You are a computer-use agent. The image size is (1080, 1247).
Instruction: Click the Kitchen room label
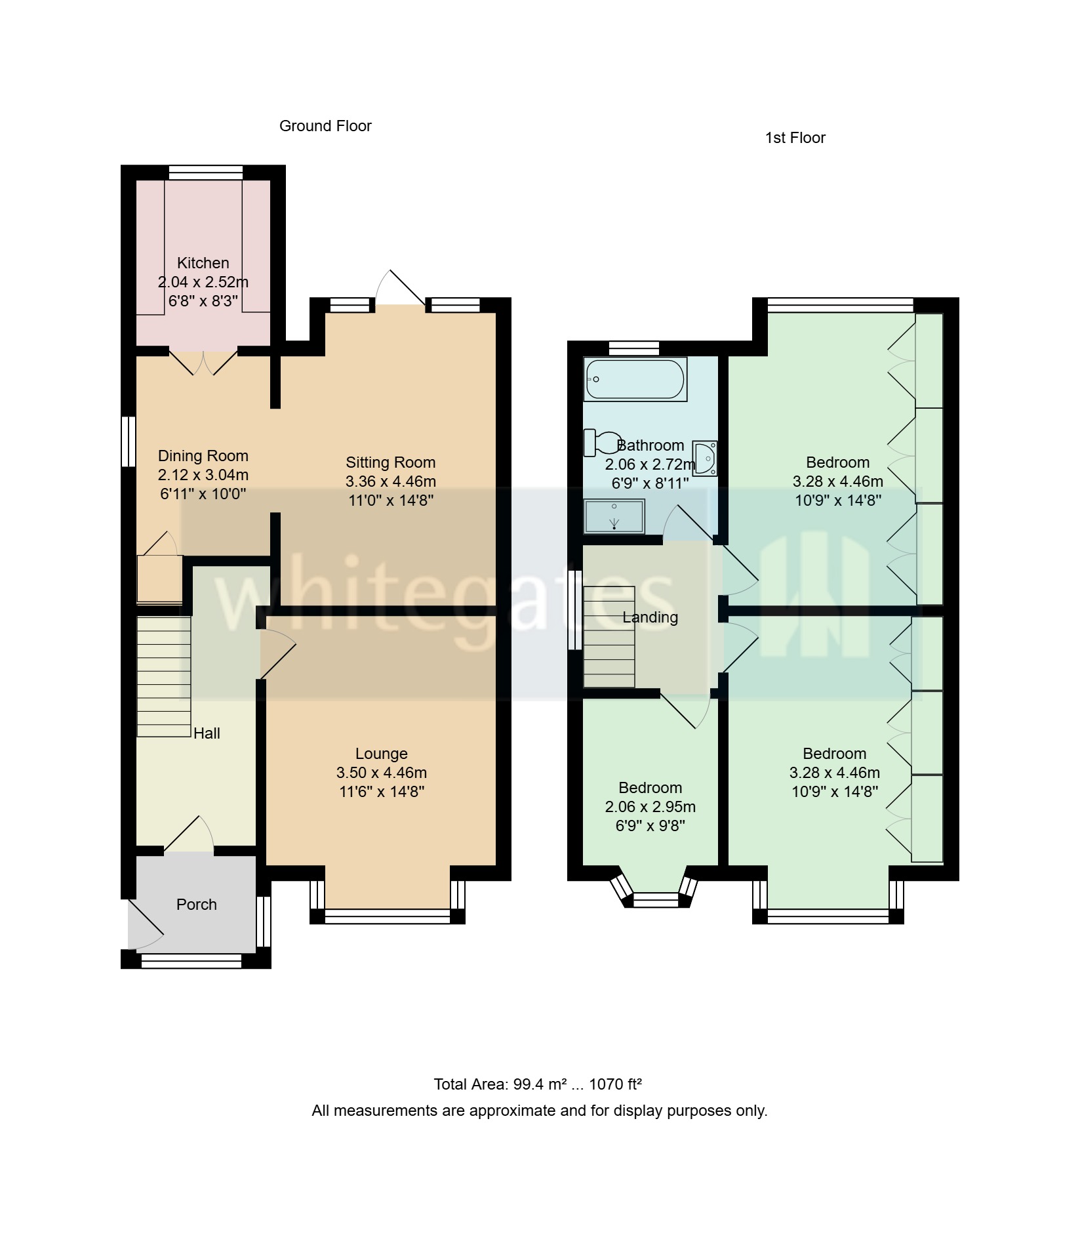point(203,263)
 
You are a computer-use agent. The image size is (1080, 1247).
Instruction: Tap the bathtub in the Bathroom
point(635,379)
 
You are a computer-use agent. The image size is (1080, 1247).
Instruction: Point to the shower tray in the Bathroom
point(614,516)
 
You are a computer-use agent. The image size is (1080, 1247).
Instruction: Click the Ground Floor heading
point(325,126)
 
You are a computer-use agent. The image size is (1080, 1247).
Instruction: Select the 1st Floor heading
point(795,138)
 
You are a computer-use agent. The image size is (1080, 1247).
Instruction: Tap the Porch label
point(196,905)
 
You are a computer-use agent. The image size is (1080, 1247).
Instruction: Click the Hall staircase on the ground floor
point(164,676)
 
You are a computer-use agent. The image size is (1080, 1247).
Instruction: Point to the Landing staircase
point(609,636)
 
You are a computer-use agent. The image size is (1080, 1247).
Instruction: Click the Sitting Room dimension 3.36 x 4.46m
point(391,481)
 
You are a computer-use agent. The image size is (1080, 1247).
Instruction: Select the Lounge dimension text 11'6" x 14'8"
point(382,792)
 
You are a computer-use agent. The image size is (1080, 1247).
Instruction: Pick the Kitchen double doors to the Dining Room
point(204,363)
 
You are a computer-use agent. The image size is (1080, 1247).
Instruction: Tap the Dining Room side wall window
point(129,441)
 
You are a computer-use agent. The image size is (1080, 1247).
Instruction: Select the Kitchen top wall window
point(205,173)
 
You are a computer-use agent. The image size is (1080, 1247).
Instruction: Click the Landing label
point(650,617)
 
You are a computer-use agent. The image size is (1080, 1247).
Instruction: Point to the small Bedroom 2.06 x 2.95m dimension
point(650,807)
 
